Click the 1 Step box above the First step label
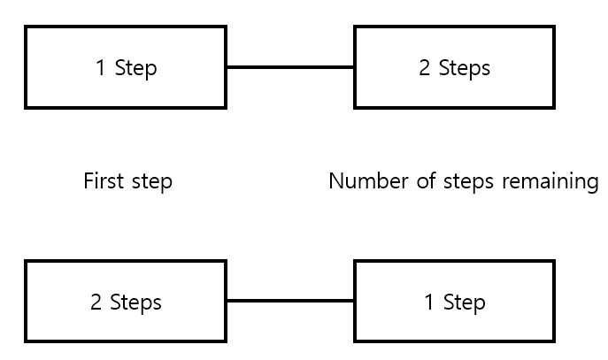(x=126, y=67)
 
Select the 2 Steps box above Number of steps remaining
(x=454, y=67)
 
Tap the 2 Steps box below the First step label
(x=126, y=303)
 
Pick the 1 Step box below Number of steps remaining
(x=454, y=303)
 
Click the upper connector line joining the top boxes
(x=290, y=67)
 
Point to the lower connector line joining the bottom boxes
(x=290, y=302)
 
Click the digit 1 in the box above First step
(x=101, y=68)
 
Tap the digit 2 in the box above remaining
(x=424, y=68)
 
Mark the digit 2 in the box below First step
(x=96, y=303)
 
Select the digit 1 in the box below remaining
(x=429, y=303)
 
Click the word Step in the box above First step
(x=135, y=68)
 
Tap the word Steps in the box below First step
(x=135, y=303)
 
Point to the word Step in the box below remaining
(x=464, y=303)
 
